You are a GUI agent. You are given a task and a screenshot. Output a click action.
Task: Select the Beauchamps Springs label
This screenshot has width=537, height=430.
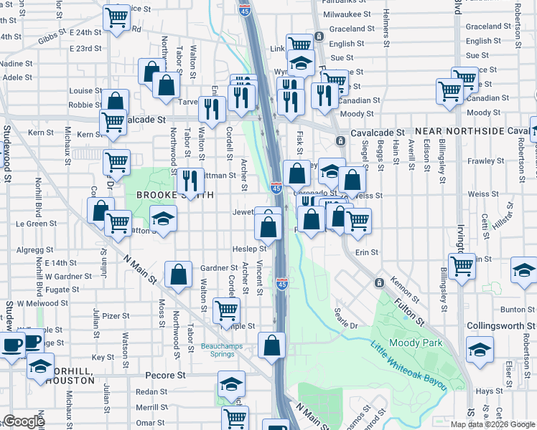(x=222, y=349)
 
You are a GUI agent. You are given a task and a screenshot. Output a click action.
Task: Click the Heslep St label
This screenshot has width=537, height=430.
(x=249, y=248)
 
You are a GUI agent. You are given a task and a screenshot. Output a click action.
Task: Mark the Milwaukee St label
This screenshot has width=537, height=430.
(x=347, y=14)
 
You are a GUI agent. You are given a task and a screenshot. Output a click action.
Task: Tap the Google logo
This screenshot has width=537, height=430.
(x=24, y=421)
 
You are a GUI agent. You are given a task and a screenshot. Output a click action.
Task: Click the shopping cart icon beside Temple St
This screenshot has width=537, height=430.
(x=226, y=310)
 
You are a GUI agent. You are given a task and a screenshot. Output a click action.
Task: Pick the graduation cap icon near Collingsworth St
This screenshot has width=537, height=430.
(x=480, y=349)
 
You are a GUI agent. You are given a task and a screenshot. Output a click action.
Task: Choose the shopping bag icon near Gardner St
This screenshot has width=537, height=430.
(x=178, y=273)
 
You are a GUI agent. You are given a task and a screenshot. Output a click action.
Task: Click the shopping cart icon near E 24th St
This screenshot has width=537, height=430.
(x=116, y=17)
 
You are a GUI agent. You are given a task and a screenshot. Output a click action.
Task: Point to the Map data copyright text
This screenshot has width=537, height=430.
(x=491, y=424)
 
